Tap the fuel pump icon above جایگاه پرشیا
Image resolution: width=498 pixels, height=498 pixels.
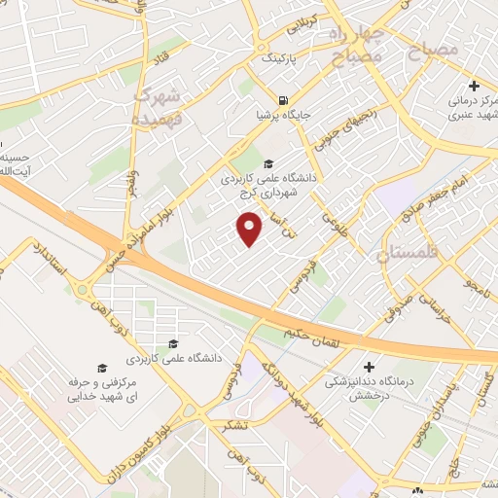(283, 99)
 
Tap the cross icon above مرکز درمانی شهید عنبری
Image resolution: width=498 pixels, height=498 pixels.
(473, 86)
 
